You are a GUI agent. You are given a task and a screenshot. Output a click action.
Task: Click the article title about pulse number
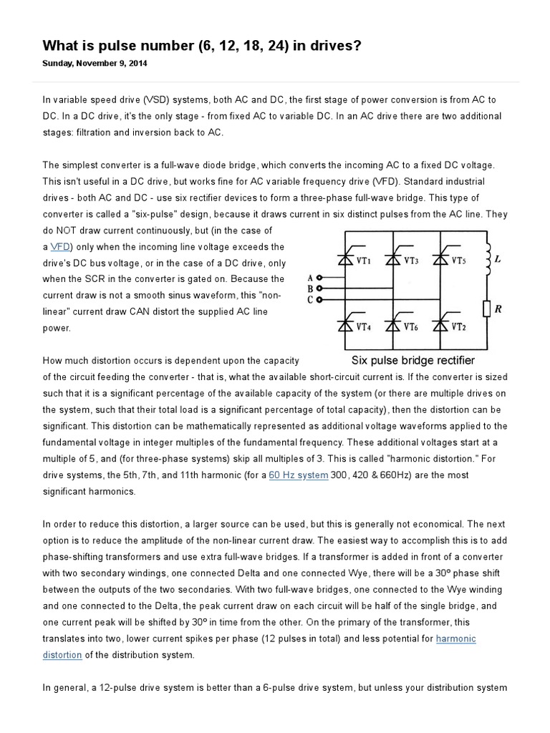(202, 46)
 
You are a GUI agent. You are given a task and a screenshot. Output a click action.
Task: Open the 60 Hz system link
(298, 475)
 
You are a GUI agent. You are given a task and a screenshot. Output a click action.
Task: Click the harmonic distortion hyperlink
(455, 639)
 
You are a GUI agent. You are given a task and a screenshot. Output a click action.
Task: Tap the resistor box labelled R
(486, 310)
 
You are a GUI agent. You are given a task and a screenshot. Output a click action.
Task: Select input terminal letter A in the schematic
(309, 277)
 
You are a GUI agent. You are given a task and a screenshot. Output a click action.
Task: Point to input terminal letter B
(309, 288)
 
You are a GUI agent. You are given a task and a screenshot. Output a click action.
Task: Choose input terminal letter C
(309, 299)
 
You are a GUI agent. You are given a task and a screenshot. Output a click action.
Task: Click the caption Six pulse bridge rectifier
(412, 360)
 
